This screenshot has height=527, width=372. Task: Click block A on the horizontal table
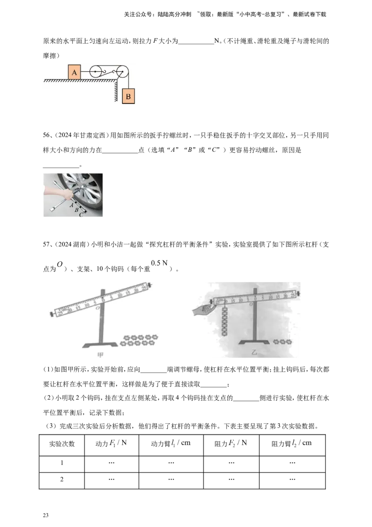click(74, 72)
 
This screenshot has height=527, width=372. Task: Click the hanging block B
click(128, 97)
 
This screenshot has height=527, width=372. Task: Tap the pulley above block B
click(123, 72)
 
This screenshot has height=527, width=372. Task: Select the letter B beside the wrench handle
click(77, 209)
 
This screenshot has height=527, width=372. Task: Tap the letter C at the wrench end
click(81, 215)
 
